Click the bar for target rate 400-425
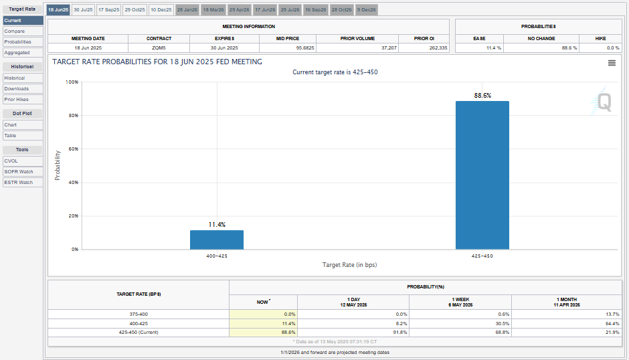[217, 240]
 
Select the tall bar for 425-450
[482, 175]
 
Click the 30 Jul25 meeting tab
[83, 10]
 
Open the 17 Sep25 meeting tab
[108, 10]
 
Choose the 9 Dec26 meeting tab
[366, 10]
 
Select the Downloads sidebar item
[17, 88]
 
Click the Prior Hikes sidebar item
[17, 99]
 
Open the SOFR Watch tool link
[19, 171]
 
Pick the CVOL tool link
[11, 161]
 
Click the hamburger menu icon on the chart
[612, 63]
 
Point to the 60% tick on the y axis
[73, 149]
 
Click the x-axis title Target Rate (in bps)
[349, 265]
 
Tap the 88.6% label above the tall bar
[482, 96]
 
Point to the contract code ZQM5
[159, 48]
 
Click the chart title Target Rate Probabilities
[157, 62]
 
